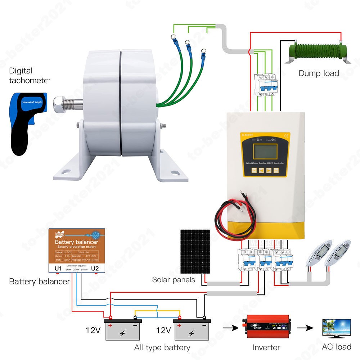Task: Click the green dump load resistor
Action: point(318,54)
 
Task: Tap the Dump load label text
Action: point(319,73)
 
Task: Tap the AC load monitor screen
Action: point(337,328)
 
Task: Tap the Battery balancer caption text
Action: point(39,282)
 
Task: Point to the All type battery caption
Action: point(162,347)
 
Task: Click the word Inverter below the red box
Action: point(266,347)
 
